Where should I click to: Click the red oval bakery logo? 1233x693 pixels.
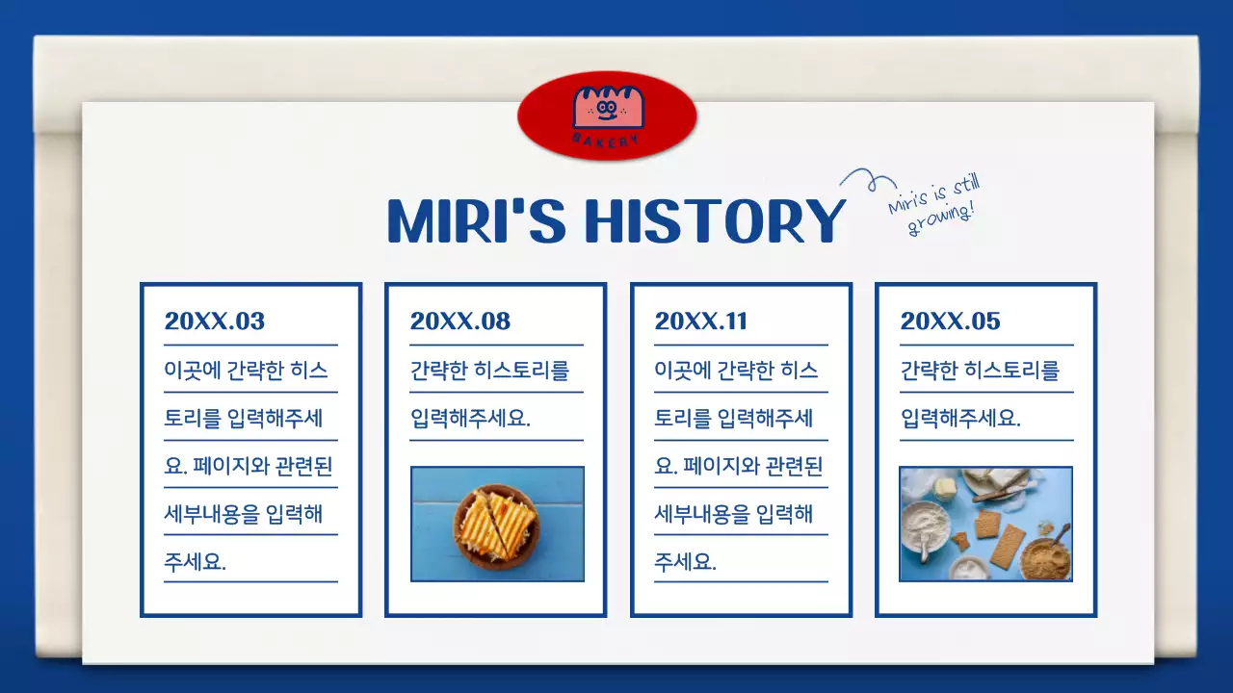tap(607, 115)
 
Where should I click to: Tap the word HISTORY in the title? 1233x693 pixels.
tap(715, 221)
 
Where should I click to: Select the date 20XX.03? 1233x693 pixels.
tap(214, 321)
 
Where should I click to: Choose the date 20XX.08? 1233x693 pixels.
tap(459, 321)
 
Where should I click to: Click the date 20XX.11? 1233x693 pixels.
tap(700, 321)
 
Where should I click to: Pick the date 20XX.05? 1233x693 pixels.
tap(950, 321)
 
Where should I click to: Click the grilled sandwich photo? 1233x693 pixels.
tap(497, 525)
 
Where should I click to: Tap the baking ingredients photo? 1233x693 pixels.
tap(985, 525)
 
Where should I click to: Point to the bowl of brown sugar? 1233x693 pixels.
tap(1044, 558)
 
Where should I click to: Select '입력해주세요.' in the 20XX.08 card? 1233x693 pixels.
tap(470, 419)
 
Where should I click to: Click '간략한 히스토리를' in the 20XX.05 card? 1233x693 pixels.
tap(980, 371)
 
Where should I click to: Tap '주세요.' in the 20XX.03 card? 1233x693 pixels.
tap(195, 562)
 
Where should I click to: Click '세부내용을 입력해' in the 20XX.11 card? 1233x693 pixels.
tap(733, 514)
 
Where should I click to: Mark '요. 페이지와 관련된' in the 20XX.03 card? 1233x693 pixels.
tap(248, 467)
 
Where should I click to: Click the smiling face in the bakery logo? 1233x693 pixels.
tap(606, 108)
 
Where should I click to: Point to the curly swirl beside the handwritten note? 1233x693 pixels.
tap(863, 179)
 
